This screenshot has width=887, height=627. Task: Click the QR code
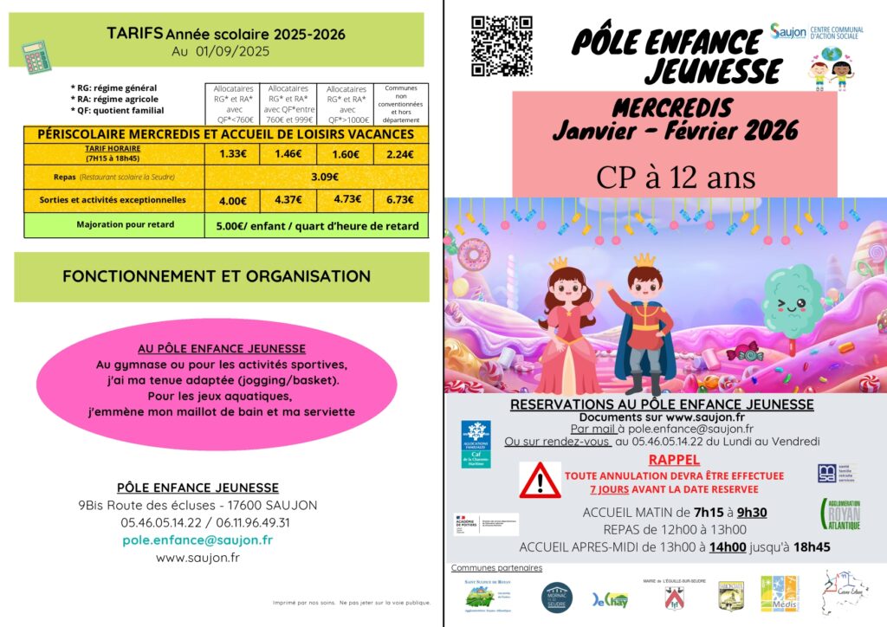pyautogui.click(x=501, y=47)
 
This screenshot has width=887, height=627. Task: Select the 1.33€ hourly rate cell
pyautogui.click(x=230, y=154)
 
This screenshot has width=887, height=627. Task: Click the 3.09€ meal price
pyautogui.click(x=324, y=177)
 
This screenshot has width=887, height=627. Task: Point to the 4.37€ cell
pyautogui.click(x=288, y=200)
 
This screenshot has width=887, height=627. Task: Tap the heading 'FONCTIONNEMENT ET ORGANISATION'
pyautogui.click(x=217, y=276)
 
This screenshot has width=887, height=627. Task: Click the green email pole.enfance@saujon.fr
pyautogui.click(x=197, y=540)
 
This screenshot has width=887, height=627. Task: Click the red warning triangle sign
pyautogui.click(x=540, y=480)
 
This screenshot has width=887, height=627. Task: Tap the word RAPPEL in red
pyautogui.click(x=674, y=460)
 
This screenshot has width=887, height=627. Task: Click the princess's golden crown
pyautogui.click(x=559, y=262)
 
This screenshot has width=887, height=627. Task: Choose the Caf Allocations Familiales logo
pyautogui.click(x=476, y=443)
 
